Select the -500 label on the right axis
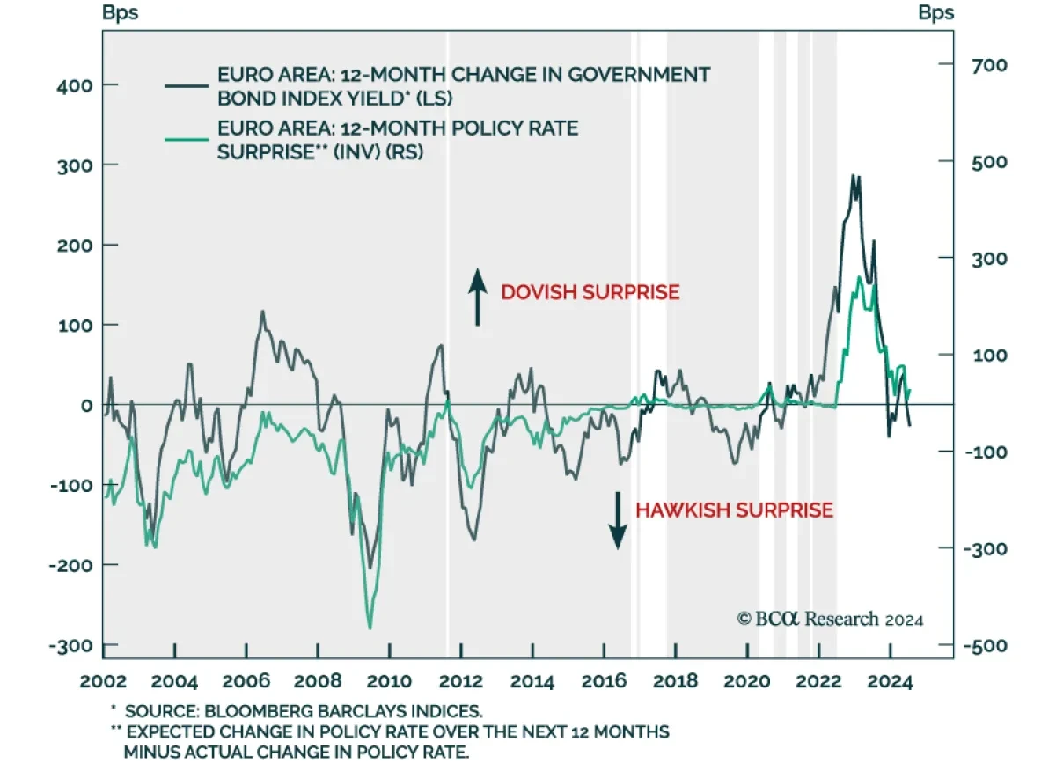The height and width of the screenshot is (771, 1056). click(x=985, y=645)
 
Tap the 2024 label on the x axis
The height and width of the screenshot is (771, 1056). click(x=890, y=680)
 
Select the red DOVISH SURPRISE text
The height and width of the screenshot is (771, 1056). click(x=590, y=292)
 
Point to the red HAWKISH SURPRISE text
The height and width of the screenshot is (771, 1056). click(x=734, y=510)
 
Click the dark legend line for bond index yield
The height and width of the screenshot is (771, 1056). click(x=187, y=86)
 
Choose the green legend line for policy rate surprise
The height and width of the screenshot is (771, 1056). click(x=187, y=139)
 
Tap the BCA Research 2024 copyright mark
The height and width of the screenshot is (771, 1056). click(x=830, y=619)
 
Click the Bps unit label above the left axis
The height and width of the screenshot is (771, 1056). click(x=120, y=13)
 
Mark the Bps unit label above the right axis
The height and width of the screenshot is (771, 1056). click(x=935, y=13)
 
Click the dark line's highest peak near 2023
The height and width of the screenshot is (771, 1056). click(x=853, y=175)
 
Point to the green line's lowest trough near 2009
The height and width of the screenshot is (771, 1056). click(x=369, y=628)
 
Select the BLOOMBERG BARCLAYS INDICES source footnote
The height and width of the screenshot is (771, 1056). click(x=304, y=710)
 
